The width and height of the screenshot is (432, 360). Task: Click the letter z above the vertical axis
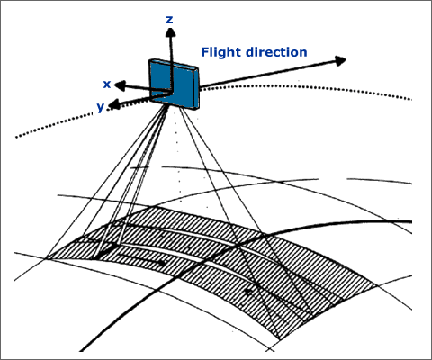(170, 20)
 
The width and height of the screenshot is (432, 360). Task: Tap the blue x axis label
(107, 85)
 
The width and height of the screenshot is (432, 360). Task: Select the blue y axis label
(101, 107)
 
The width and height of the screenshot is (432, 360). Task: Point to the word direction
(276, 52)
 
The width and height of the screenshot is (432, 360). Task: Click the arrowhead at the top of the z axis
(170, 32)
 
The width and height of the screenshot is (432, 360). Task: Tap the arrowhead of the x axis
(120, 85)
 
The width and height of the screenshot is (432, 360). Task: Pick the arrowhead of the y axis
(114, 104)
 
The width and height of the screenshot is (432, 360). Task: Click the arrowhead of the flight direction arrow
(340, 61)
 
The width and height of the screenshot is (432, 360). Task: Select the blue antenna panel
(174, 85)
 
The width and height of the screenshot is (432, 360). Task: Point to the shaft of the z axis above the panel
(171, 49)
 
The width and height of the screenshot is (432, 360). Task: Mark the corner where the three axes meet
(171, 92)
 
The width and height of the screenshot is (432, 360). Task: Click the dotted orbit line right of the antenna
(305, 88)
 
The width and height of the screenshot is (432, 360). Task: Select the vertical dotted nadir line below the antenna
(178, 156)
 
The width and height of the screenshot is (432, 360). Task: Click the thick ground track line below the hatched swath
(132, 312)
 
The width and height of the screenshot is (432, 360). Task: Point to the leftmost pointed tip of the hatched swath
(47, 257)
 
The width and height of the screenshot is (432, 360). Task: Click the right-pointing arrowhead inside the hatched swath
(162, 263)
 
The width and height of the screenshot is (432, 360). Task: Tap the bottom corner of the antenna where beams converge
(166, 105)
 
